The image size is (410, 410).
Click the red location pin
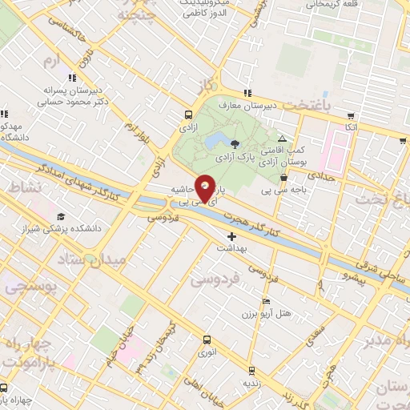[x=206, y=187]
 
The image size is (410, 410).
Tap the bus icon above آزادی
[x=188, y=115]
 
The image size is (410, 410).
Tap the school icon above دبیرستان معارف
[x=249, y=92]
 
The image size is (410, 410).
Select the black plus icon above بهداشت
[x=232, y=236]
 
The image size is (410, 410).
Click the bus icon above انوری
[x=208, y=339]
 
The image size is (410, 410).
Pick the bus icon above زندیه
[x=251, y=370]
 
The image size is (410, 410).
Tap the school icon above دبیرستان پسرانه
[x=71, y=78]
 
